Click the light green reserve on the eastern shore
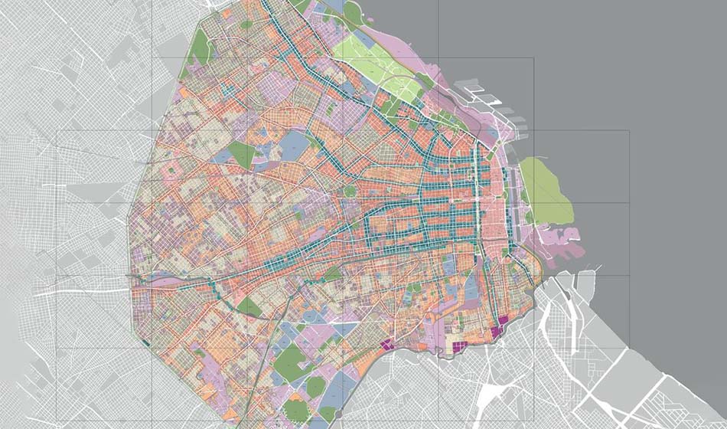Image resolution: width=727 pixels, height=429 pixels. (545, 191)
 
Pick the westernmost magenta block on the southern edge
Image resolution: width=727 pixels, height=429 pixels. (387, 345)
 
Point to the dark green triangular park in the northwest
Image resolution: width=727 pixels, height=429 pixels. (242, 154)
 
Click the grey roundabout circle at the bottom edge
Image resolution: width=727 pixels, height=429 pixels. (337, 414)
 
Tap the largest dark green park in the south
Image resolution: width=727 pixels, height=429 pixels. (289, 360)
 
